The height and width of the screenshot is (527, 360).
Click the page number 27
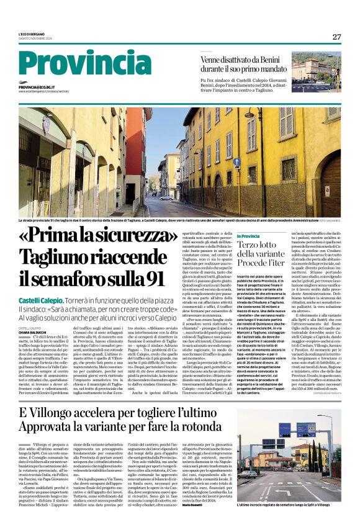point(336,37)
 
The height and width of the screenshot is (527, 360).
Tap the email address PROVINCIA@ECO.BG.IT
point(45,88)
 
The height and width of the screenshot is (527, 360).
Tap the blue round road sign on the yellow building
point(237,162)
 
